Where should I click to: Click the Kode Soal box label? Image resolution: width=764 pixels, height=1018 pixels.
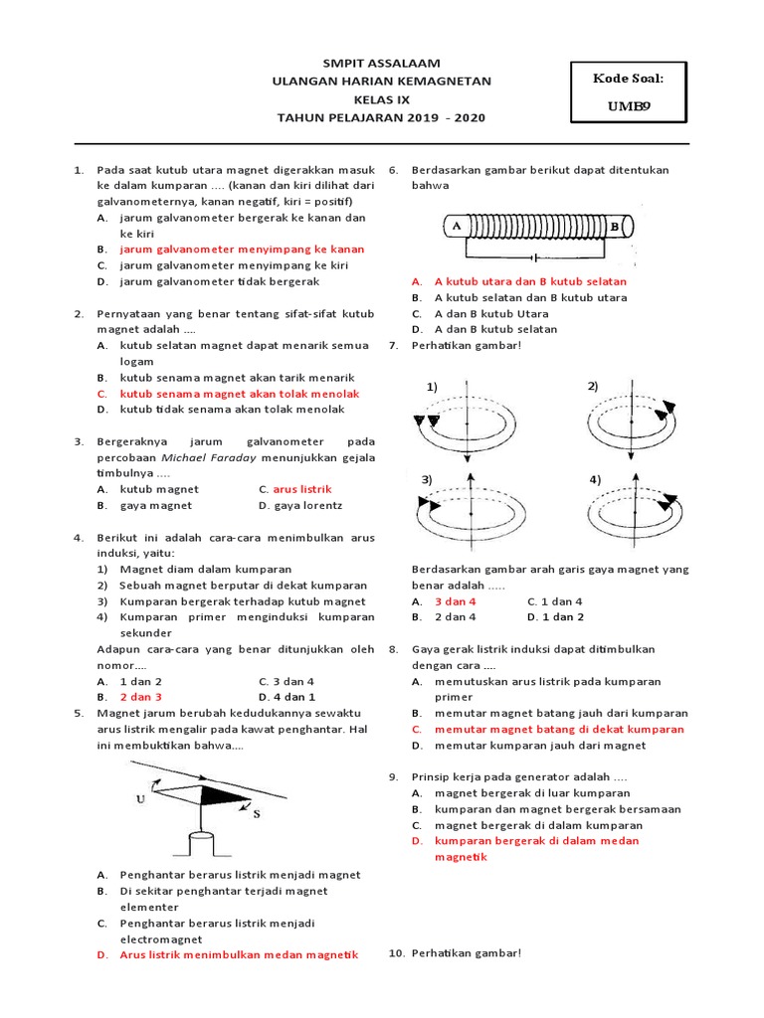[627, 79]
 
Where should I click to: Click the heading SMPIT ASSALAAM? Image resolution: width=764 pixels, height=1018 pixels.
[382, 63]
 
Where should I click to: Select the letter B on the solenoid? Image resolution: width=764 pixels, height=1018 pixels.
[614, 226]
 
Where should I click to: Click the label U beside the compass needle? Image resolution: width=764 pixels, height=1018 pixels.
[139, 797]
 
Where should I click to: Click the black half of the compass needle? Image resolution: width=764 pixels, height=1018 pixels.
[220, 794]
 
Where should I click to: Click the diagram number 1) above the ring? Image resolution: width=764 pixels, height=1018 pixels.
[433, 386]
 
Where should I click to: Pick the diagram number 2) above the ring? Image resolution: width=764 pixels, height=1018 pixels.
[592, 385]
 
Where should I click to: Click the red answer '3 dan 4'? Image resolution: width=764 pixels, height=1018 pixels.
[455, 601]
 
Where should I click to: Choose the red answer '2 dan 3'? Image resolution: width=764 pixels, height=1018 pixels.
[140, 697]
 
